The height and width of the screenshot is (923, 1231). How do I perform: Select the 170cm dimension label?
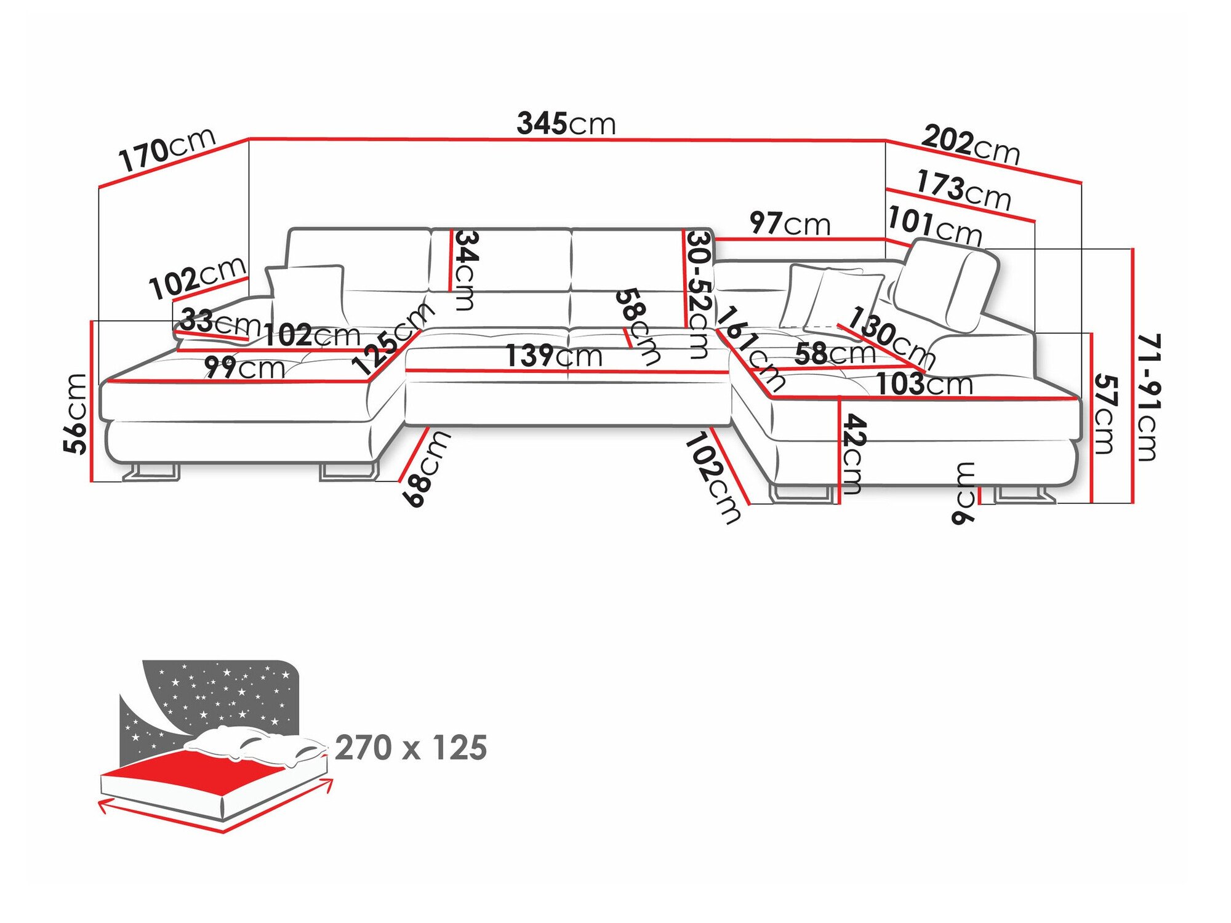coord(167,149)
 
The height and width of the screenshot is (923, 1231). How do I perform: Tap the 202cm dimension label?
coord(970,144)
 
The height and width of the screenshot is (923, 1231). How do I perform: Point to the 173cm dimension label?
coord(963,189)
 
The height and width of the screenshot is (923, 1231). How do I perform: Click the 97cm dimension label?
coord(790,223)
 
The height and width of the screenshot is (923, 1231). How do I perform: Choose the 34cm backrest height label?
coord(465,270)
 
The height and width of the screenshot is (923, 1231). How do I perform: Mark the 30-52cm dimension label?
coord(699,294)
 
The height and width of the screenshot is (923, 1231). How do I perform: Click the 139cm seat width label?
coord(553,356)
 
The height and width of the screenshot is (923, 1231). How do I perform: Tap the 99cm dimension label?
coord(244,367)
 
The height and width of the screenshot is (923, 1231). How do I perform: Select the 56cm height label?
coord(76,414)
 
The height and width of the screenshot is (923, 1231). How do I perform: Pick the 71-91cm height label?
coord(1147,397)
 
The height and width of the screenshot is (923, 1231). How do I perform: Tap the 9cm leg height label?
coord(964,493)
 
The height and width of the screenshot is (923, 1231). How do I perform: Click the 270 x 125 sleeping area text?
coord(411,748)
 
